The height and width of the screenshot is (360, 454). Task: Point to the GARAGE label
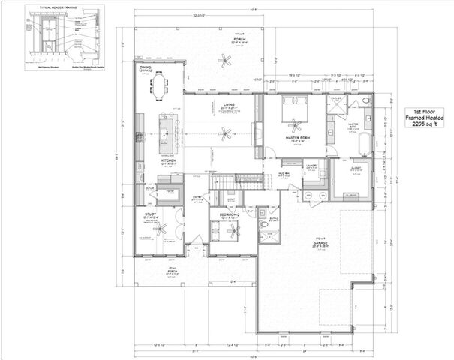pos(299,241)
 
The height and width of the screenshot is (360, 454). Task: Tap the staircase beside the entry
pos(248,181)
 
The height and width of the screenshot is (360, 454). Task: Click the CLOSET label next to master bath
pos(354,168)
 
